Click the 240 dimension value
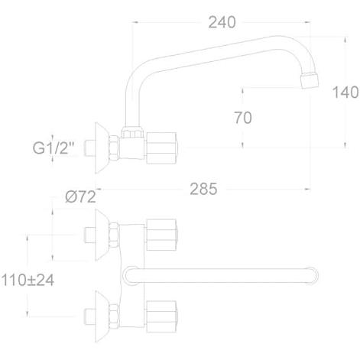click(222, 22)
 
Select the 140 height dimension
click(345, 92)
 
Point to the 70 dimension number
click(243, 118)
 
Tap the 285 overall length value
click(203, 189)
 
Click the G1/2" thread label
click(54, 148)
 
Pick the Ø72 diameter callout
click(80, 196)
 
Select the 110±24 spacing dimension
click(28, 281)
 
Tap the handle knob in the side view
click(161, 148)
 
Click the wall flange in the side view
click(102, 148)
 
